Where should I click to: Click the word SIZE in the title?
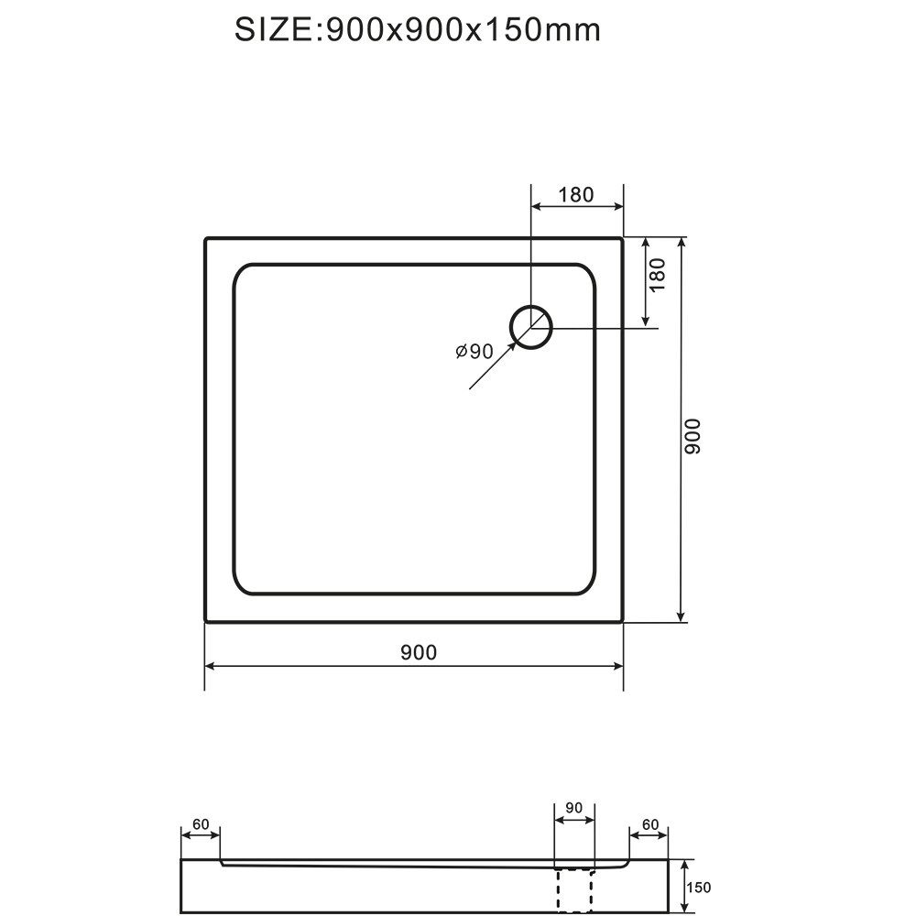coord(273,29)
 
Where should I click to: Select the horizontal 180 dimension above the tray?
coord(576,194)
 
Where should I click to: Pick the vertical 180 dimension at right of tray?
coord(658,275)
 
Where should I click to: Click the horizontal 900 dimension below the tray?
coord(419,652)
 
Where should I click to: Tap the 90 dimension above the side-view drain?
coord(574,807)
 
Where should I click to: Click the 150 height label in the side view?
coord(699,887)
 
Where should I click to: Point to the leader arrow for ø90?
coord(490,370)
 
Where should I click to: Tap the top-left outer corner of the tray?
coord(206,239)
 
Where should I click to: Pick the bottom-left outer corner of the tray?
coord(206,620)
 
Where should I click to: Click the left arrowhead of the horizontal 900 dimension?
coord(210,666)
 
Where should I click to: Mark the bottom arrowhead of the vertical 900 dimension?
coord(681,616)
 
